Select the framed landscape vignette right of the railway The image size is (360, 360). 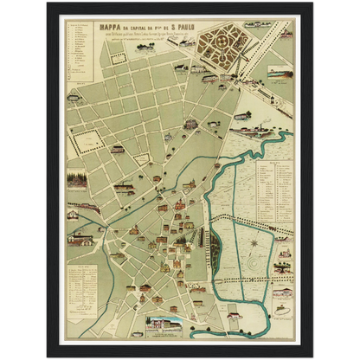click(x=280, y=74)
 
